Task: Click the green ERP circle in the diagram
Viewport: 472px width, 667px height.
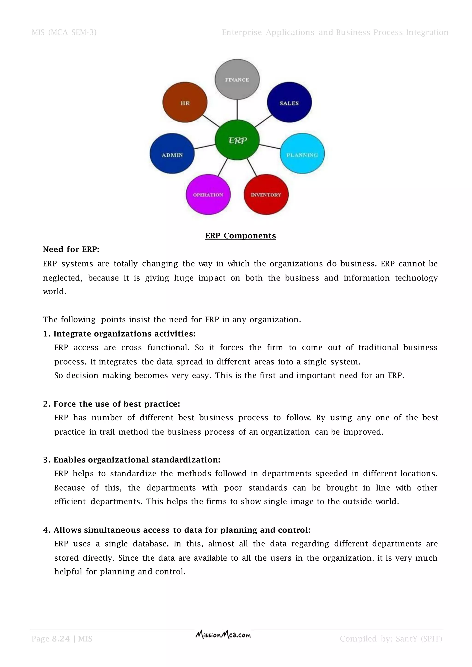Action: pyautogui.click(x=237, y=140)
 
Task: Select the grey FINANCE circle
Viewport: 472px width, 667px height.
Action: pyautogui.click(x=237, y=79)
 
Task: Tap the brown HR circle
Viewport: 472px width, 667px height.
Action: pyautogui.click(x=185, y=102)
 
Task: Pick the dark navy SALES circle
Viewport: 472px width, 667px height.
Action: pyautogui.click(x=289, y=102)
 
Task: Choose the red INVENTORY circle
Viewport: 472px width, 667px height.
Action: pyautogui.click(x=266, y=194)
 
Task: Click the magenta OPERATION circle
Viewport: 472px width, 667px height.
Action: pyautogui.click(x=208, y=194)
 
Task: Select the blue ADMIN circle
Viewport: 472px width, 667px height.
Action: pyautogui.click(x=172, y=154)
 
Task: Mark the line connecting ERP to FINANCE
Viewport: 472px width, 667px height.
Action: pyautogui.click(x=237, y=110)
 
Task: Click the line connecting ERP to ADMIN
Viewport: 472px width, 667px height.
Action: pyautogui.click(x=204, y=147)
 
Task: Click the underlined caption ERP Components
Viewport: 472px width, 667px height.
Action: pyautogui.click(x=241, y=236)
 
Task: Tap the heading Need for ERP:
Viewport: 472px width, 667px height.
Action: pyautogui.click(x=71, y=249)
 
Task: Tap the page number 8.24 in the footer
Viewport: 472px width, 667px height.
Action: pyautogui.click(x=61, y=639)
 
